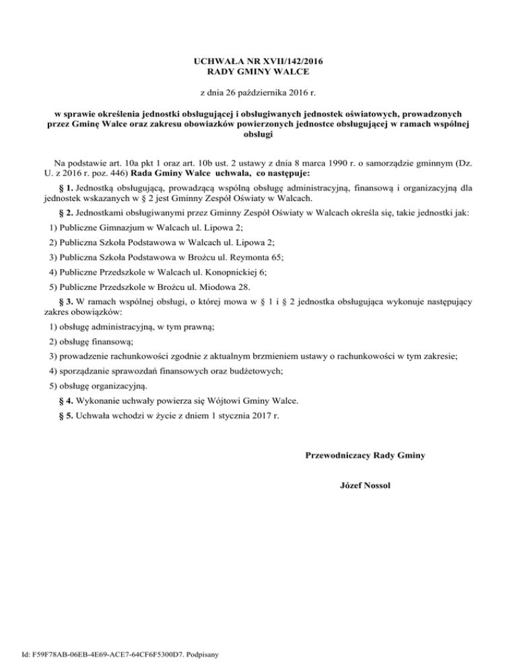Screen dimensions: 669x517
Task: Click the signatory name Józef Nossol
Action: tap(364, 485)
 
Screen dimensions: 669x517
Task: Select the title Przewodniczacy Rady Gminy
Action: tap(364, 456)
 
